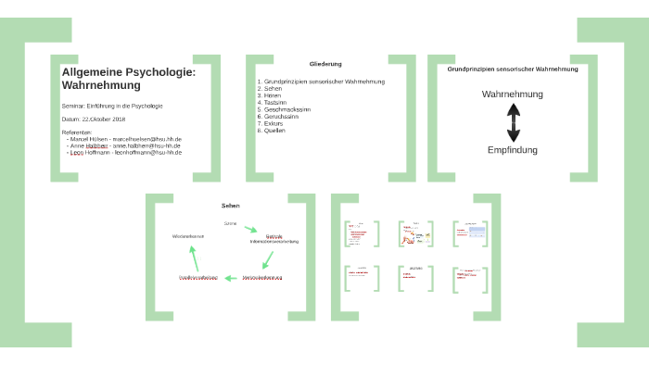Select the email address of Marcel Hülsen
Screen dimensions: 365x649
[x=147, y=139]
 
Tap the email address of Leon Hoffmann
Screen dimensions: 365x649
[x=147, y=152]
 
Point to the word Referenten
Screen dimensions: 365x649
[x=78, y=132]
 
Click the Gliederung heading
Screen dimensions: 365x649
[x=325, y=64]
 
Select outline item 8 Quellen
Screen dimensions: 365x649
[x=275, y=131]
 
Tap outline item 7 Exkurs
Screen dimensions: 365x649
[x=274, y=123]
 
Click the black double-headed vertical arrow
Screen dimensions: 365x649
[x=513, y=122]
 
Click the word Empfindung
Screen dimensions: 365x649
[x=513, y=150]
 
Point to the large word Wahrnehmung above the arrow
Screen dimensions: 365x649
[x=513, y=94]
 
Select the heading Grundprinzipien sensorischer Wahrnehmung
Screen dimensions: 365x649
[x=513, y=69]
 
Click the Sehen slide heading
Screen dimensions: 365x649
[x=230, y=205]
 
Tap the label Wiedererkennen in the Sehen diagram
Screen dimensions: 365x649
[x=188, y=236]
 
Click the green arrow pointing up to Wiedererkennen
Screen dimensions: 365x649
[x=194, y=257]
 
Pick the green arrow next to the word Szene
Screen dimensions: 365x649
[x=250, y=229]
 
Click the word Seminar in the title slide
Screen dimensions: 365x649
[x=74, y=106]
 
